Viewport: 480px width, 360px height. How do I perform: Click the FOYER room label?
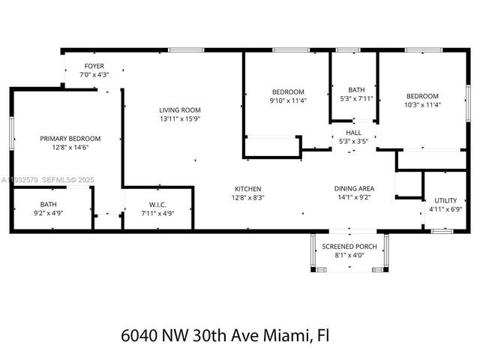click(x=94, y=66)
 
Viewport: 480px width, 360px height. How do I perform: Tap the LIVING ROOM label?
click(x=180, y=109)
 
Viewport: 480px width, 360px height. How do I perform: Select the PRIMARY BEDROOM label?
click(x=70, y=139)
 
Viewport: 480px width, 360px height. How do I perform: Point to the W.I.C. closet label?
click(x=157, y=205)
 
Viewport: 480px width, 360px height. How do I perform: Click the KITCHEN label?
click(x=247, y=188)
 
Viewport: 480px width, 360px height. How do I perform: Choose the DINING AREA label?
click(x=354, y=188)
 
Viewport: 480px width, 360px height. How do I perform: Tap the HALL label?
click(x=353, y=132)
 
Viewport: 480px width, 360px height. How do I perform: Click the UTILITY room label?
click(x=445, y=201)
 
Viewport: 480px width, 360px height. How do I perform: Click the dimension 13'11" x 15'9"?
click(x=180, y=118)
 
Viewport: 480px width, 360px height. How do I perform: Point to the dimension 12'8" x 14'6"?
click(x=70, y=148)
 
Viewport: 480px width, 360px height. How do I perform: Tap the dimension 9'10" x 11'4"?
click(x=288, y=100)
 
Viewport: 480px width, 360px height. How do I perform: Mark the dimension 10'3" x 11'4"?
click(x=423, y=105)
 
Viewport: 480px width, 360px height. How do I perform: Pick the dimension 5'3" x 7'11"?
click(x=356, y=98)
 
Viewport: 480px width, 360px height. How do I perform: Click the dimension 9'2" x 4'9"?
click(x=48, y=213)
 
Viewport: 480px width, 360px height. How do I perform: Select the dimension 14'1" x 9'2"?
click(x=354, y=197)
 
